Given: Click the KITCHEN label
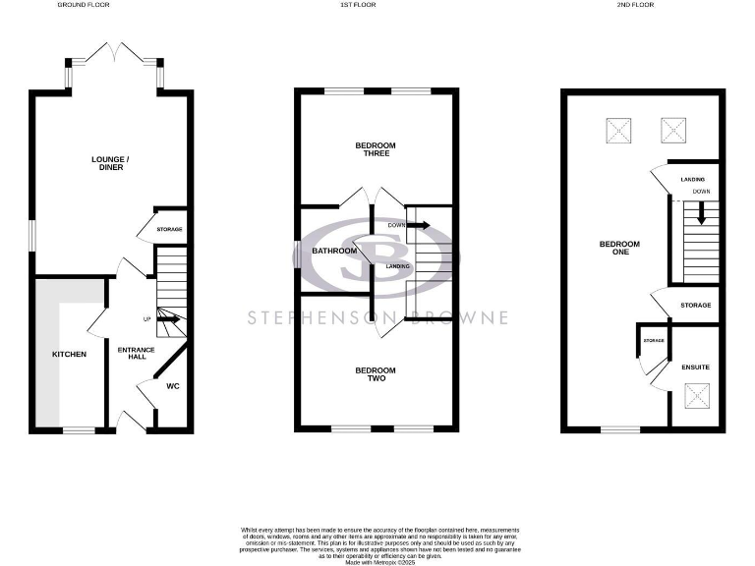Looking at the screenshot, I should (x=69, y=355).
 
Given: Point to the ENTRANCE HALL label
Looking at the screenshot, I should (x=131, y=353).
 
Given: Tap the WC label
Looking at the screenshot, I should (x=172, y=386).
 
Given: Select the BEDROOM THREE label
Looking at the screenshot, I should (x=376, y=150).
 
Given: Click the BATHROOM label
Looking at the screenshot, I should (x=334, y=251).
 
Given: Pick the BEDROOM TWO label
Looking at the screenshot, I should (x=376, y=374).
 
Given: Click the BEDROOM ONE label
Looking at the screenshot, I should (x=621, y=248).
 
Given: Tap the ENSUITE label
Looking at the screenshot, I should (x=695, y=368).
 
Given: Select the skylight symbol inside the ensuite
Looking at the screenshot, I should (x=696, y=397).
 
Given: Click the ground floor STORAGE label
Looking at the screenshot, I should (x=170, y=230).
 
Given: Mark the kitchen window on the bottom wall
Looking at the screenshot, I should (x=80, y=429).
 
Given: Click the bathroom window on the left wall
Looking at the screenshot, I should (x=297, y=255).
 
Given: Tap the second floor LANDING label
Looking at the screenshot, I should (x=692, y=180).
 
